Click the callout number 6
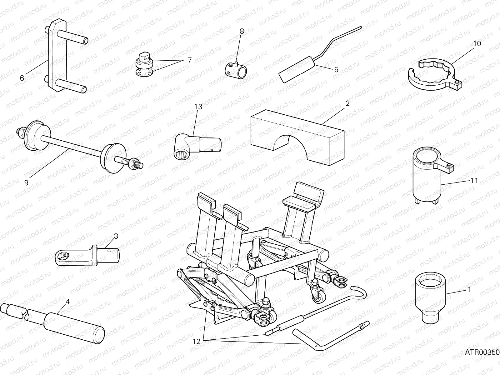(x=22, y=78)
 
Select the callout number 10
(x=477, y=43)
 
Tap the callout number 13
(x=198, y=107)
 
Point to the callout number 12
(x=196, y=342)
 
